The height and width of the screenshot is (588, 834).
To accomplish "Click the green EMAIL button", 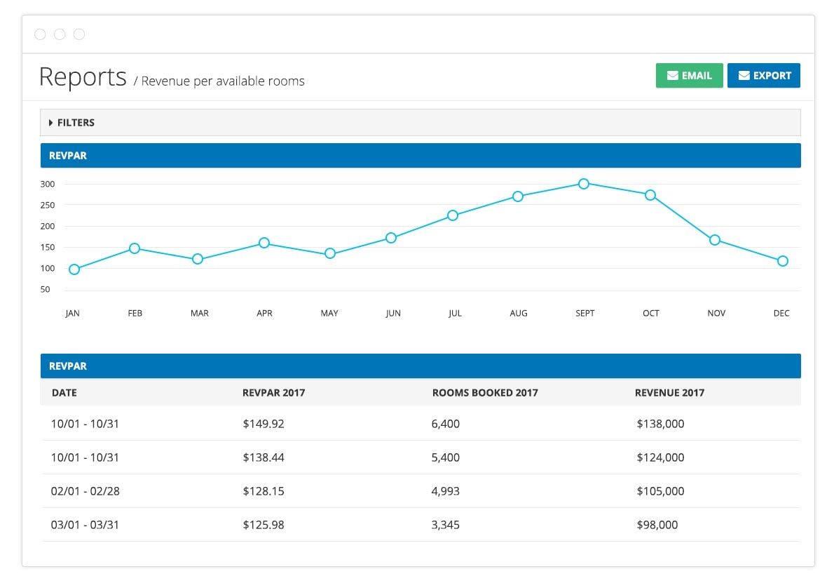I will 689,76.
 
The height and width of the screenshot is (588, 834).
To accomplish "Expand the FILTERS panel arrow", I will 51,123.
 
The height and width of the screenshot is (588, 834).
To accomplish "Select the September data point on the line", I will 584,184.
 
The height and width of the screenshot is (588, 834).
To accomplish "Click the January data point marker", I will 74,269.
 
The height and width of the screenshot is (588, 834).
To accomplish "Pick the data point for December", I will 783,261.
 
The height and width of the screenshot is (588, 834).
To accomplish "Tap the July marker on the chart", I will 453,215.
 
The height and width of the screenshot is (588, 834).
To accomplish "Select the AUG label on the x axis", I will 519,314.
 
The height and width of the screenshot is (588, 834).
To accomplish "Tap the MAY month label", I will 329,314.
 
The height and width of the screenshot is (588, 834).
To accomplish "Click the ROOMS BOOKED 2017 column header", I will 485,393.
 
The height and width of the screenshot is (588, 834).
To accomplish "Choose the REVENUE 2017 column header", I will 669,393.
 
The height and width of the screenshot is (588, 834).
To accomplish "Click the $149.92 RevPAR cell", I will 264,424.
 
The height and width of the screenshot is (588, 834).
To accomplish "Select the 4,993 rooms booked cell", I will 446,491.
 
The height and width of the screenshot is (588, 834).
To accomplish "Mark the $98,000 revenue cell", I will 657,525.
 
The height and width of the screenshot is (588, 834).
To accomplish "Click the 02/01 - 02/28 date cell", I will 86,491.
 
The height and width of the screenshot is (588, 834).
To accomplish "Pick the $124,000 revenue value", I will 660,457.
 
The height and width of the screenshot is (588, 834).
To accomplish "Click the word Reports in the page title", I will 83,76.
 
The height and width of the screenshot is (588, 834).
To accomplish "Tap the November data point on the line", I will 715,240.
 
